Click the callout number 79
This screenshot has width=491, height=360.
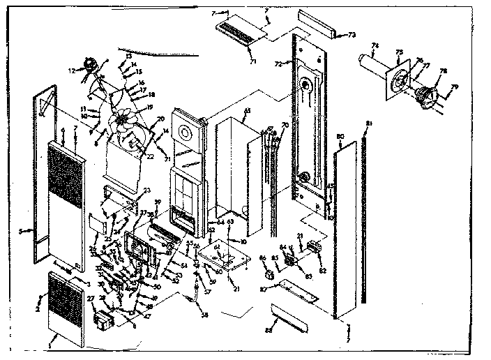click(x=456, y=87)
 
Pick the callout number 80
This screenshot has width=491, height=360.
click(x=340, y=135)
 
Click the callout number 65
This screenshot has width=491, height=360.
click(x=247, y=111)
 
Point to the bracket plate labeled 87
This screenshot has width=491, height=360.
click(x=297, y=289)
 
